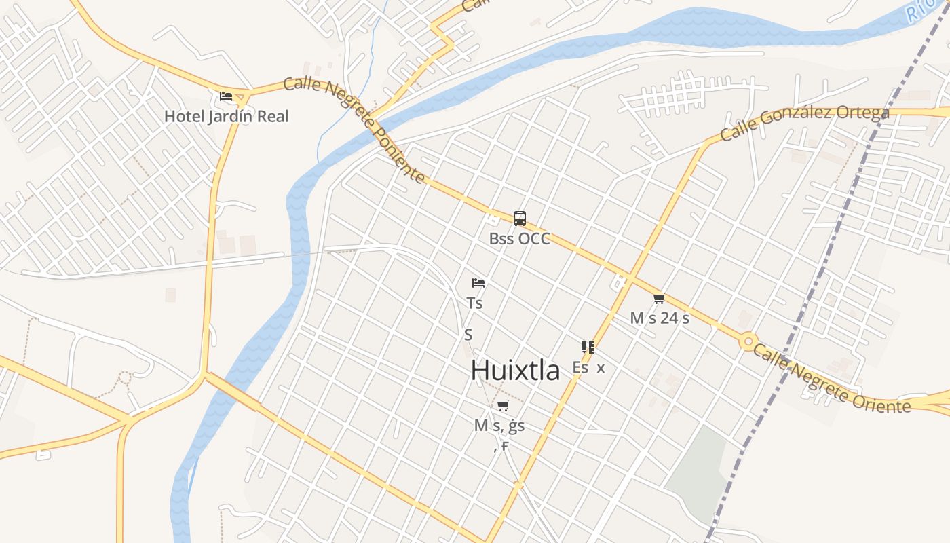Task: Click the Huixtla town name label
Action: coord(516,371)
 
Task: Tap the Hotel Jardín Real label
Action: coord(226,116)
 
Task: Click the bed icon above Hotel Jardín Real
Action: coord(226,96)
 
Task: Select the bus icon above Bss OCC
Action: coord(519,219)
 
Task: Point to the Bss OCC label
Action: coord(519,239)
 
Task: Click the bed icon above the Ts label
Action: coord(478,282)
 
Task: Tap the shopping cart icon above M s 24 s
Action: coord(659,298)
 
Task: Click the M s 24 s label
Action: coord(659,318)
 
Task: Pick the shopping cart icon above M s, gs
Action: coord(503,406)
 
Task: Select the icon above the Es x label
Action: coord(588,348)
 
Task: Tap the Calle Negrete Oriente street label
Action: coord(831,378)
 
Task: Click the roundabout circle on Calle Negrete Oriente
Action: coord(748,341)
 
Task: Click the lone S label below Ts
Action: coord(468,335)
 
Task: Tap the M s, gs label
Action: coord(499,426)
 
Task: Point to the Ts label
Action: coord(475,303)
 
